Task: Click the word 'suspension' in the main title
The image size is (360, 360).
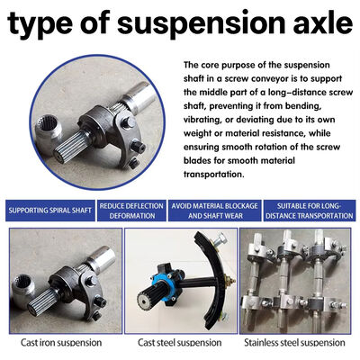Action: point(201,24)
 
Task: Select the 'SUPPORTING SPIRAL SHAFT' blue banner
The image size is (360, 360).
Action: point(50,211)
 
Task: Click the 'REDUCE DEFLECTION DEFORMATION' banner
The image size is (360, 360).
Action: point(131,211)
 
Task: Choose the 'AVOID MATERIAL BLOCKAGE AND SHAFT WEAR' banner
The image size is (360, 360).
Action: point(214,211)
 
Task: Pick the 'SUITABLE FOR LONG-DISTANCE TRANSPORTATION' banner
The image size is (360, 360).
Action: point(310,211)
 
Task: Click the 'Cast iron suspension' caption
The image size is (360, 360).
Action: point(61,343)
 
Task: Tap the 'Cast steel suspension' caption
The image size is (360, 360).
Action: point(180,343)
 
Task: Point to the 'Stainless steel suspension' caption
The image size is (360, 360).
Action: point(294,343)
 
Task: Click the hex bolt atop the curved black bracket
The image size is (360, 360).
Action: point(220,239)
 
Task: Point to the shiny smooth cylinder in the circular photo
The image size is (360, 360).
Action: point(139,96)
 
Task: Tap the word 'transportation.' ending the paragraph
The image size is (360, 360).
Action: point(214,175)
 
